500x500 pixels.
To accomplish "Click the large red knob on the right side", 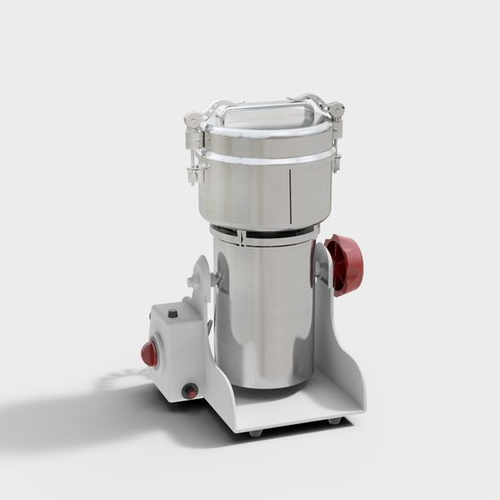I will click(x=344, y=265).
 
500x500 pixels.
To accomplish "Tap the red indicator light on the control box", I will click(x=149, y=354).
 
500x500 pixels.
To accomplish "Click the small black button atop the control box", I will click(x=172, y=314).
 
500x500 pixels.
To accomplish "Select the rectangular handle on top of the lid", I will click(x=267, y=110).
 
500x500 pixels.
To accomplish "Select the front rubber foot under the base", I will click(x=256, y=432).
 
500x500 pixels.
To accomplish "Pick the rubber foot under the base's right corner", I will click(x=334, y=421).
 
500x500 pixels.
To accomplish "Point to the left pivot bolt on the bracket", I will click(x=215, y=279).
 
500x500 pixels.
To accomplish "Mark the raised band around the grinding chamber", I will click(x=268, y=158).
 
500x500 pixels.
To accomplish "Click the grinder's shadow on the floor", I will click(x=80, y=420).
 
